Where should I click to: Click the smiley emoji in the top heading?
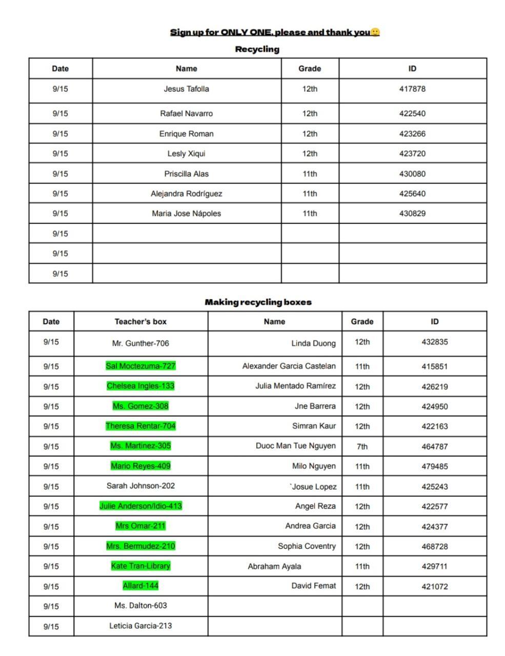tap(375, 32)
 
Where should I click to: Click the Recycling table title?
tap(257, 49)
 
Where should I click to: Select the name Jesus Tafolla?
tap(186, 89)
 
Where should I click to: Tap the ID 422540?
tap(412, 114)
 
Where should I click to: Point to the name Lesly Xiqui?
tap(186, 154)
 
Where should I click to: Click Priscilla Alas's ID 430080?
tap(412, 174)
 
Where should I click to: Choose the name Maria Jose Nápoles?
tap(186, 214)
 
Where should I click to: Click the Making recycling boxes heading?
tap(258, 302)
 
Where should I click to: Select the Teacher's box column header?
tap(140, 322)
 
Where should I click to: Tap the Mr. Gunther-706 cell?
tap(140, 343)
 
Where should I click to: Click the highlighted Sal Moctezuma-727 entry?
tap(140, 366)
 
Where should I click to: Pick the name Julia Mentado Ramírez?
tap(295, 386)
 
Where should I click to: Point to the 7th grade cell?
tap(362, 446)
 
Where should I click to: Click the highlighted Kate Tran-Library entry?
tap(140, 566)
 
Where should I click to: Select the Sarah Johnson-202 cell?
tap(140, 486)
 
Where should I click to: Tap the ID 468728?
tap(434, 546)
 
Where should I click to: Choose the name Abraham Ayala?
tap(274, 566)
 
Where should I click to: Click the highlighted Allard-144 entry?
tap(140, 586)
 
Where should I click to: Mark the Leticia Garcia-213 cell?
tap(140, 626)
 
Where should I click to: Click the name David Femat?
tap(314, 586)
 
